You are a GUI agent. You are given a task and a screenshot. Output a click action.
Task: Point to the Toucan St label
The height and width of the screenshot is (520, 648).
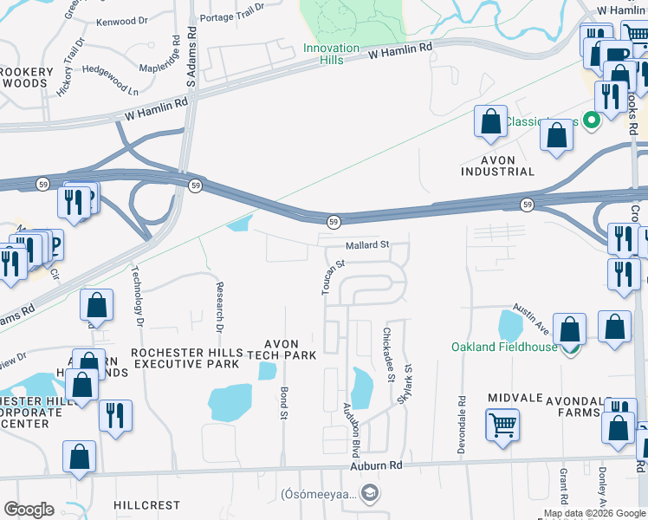[x=334, y=277]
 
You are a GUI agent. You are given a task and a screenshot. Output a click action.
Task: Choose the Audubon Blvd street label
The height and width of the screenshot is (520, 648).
[x=352, y=424]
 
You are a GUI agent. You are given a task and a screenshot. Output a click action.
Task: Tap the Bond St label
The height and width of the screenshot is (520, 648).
[x=283, y=403]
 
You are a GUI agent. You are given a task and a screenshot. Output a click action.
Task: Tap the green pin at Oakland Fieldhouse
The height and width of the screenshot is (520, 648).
[x=569, y=348]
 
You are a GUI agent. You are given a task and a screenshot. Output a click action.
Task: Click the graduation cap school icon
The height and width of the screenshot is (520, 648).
[x=370, y=494]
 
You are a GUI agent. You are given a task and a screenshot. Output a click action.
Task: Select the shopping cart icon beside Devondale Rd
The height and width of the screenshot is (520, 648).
[x=502, y=426]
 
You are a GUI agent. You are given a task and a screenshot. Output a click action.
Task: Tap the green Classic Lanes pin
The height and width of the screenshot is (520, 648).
[x=593, y=120]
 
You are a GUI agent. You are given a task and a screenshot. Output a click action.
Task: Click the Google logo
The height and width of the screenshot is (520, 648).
[x=29, y=510]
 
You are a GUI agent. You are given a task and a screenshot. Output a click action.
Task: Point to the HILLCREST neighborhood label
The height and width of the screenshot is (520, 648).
[x=146, y=504]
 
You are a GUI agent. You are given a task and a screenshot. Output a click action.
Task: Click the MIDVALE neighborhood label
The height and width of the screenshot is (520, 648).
[x=515, y=398]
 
